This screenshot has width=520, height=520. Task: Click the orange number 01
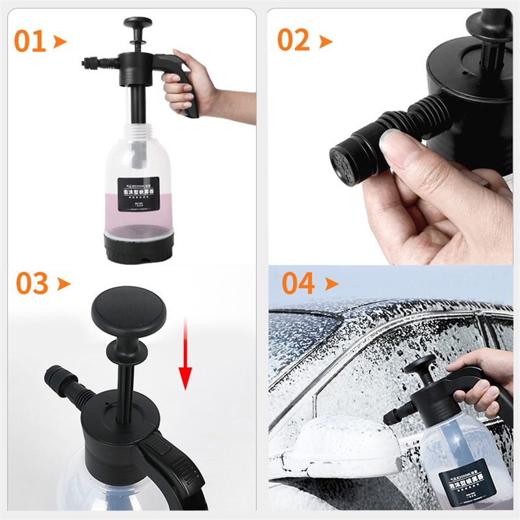[30, 41]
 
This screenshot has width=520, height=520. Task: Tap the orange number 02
[293, 40]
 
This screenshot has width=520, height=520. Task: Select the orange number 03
[32, 284]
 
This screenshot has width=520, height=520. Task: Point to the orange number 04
[298, 284]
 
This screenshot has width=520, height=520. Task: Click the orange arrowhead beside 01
[60, 42]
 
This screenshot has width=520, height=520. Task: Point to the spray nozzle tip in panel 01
[85, 64]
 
